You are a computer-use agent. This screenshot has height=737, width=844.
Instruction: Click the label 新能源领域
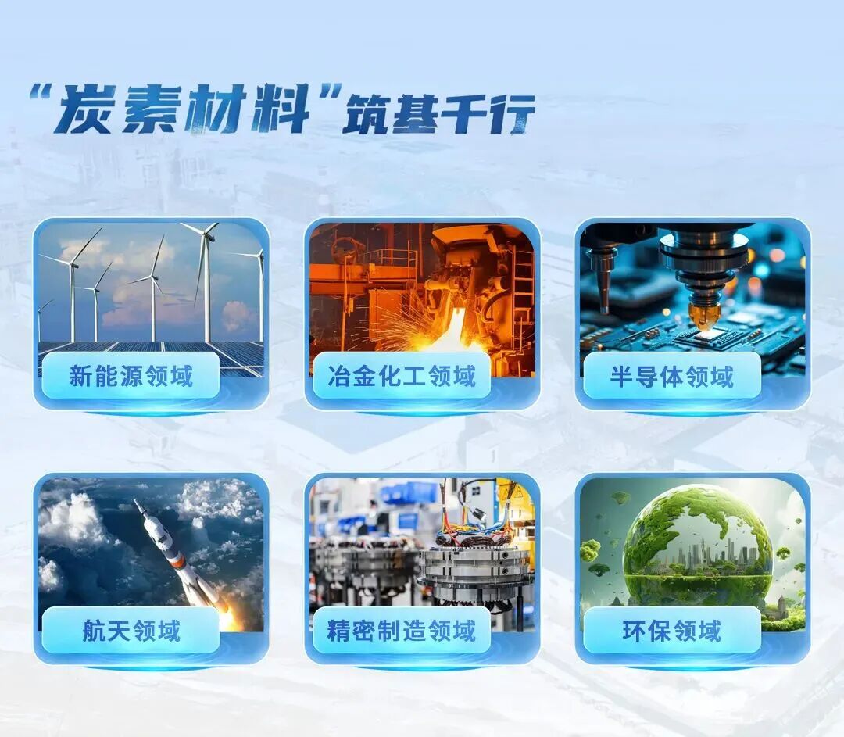pos(131,376)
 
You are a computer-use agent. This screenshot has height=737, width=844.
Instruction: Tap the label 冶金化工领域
pos(402,376)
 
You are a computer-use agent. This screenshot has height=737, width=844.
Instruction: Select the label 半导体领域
pos(672,376)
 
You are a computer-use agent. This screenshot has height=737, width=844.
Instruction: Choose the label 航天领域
pos(131,631)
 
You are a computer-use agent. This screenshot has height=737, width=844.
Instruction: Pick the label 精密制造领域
pos(402,631)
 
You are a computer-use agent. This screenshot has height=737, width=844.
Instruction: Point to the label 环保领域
pos(672,631)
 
